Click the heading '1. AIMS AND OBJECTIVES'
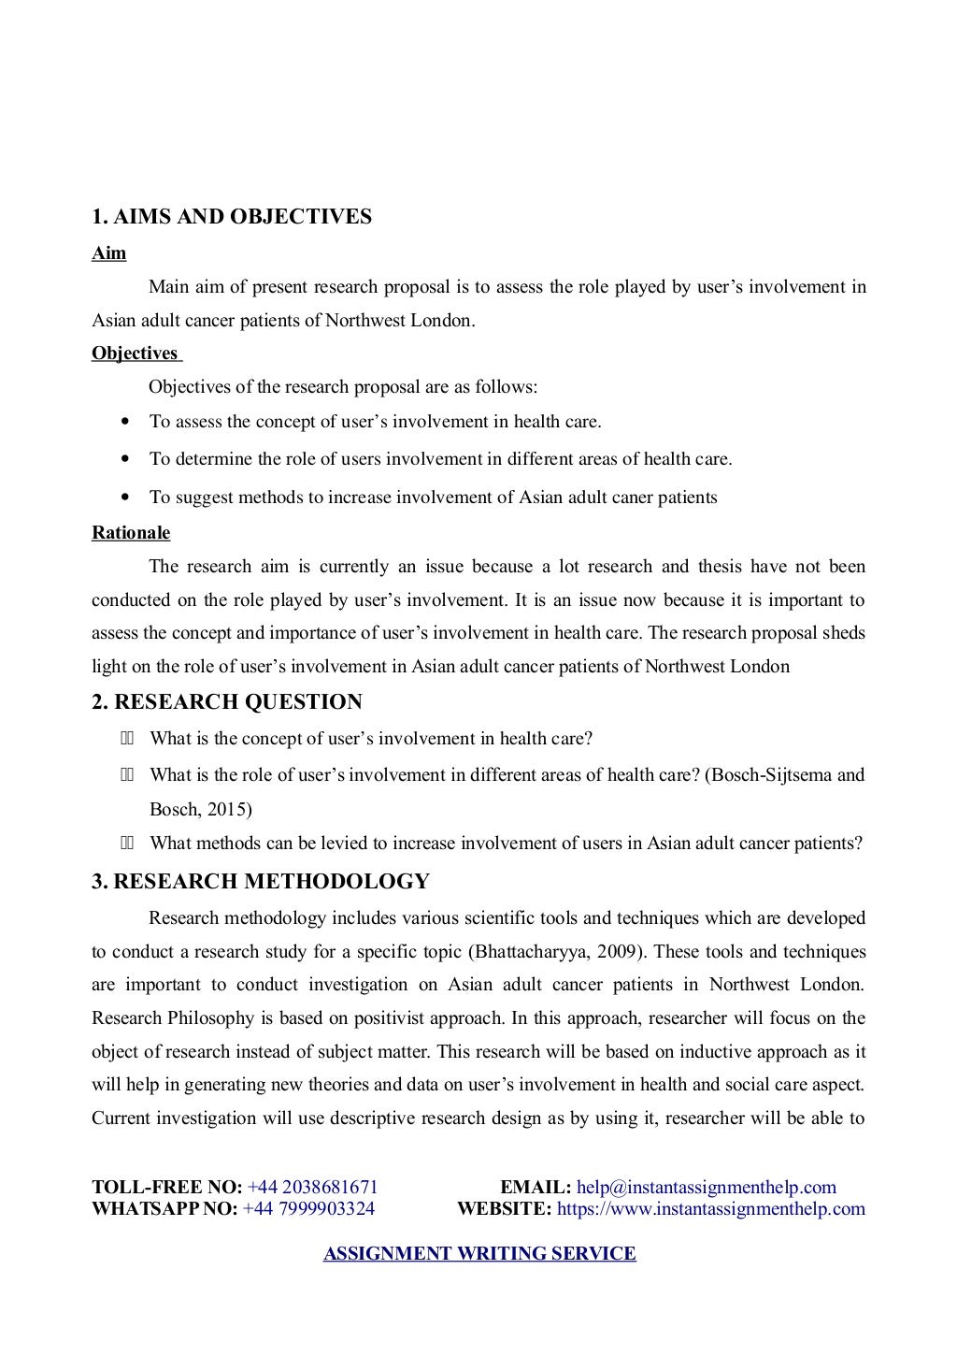231,217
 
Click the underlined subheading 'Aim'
108,253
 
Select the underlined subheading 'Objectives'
135,353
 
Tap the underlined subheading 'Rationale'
131,533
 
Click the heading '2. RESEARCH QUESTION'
226,701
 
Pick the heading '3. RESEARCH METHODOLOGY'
260,881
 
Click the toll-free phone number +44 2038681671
312,1188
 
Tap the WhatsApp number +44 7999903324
308,1208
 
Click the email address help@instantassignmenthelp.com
706,1188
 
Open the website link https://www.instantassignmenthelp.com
710,1208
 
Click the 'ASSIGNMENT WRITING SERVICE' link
479,1254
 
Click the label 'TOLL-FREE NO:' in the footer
166,1188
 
